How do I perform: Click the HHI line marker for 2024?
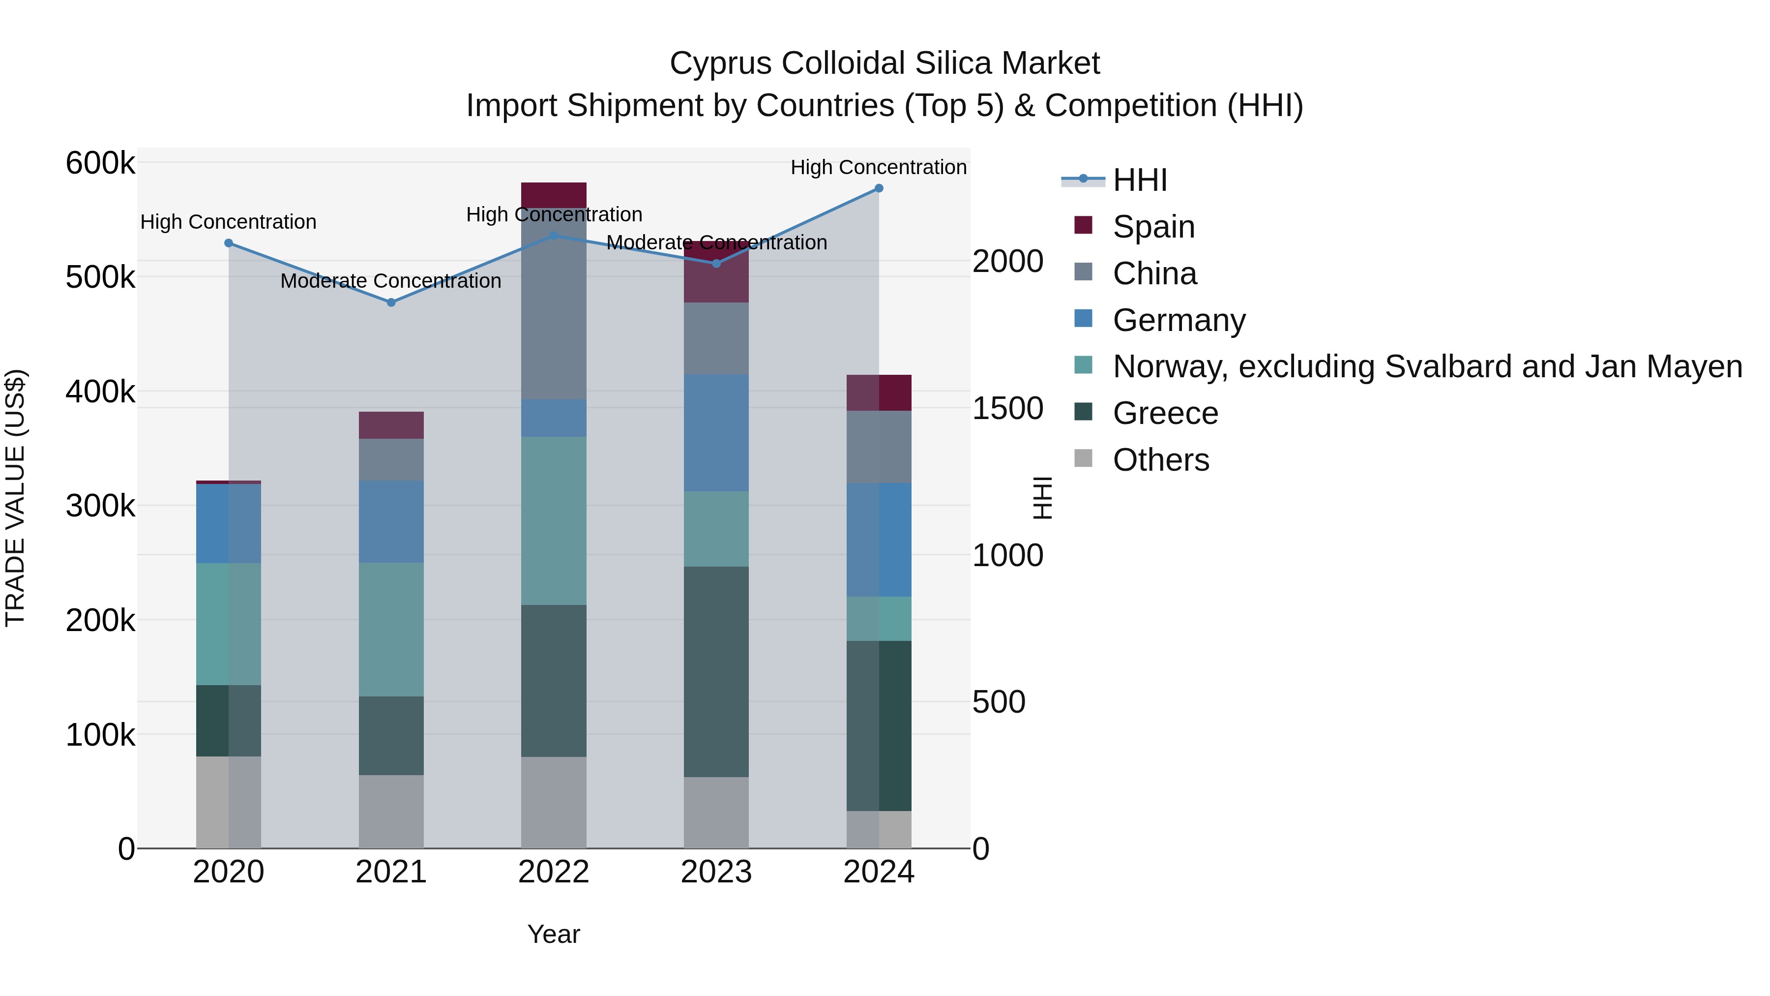(879, 188)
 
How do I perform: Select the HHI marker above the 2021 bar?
(391, 302)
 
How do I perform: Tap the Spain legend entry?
(1153, 227)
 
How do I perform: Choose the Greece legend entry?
(1165, 413)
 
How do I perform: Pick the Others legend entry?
(1160, 460)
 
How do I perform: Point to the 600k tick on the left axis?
(100, 164)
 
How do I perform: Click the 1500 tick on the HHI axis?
(1007, 408)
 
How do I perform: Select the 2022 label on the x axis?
(553, 872)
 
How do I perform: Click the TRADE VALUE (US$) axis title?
(15, 498)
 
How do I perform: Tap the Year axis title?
(553, 934)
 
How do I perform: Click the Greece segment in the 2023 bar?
(716, 671)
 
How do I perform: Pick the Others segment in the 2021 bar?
(391, 811)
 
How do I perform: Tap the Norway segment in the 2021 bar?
(391, 629)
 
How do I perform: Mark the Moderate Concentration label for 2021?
(391, 281)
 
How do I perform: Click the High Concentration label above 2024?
(878, 167)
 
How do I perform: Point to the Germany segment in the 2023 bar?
(716, 432)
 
